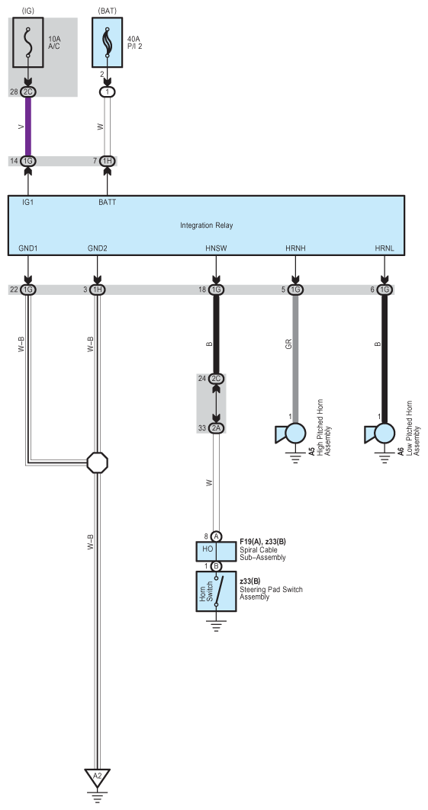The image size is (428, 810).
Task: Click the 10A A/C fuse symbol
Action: click(27, 43)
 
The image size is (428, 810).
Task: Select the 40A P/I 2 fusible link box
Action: click(108, 43)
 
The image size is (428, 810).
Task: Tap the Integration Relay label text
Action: click(206, 226)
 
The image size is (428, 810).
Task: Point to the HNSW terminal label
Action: click(216, 248)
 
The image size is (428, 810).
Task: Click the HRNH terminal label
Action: click(296, 248)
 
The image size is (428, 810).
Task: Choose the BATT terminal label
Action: click(108, 203)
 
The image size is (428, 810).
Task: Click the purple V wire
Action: click(28, 126)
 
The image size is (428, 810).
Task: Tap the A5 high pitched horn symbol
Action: click(291, 434)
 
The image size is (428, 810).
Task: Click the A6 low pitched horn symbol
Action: click(381, 434)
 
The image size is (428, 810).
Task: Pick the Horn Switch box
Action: click(216, 591)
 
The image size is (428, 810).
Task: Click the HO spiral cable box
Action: click(216, 552)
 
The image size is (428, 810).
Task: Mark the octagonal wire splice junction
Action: click(97, 463)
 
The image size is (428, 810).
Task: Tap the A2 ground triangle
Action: click(97, 776)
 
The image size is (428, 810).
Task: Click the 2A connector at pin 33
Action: click(216, 428)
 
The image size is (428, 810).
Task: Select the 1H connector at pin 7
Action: click(107, 162)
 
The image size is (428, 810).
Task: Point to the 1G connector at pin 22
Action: click(28, 290)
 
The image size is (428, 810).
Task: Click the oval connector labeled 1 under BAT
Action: click(107, 92)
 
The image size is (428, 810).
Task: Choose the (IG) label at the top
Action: click(28, 10)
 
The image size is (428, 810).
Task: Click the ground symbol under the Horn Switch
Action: click(216, 623)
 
